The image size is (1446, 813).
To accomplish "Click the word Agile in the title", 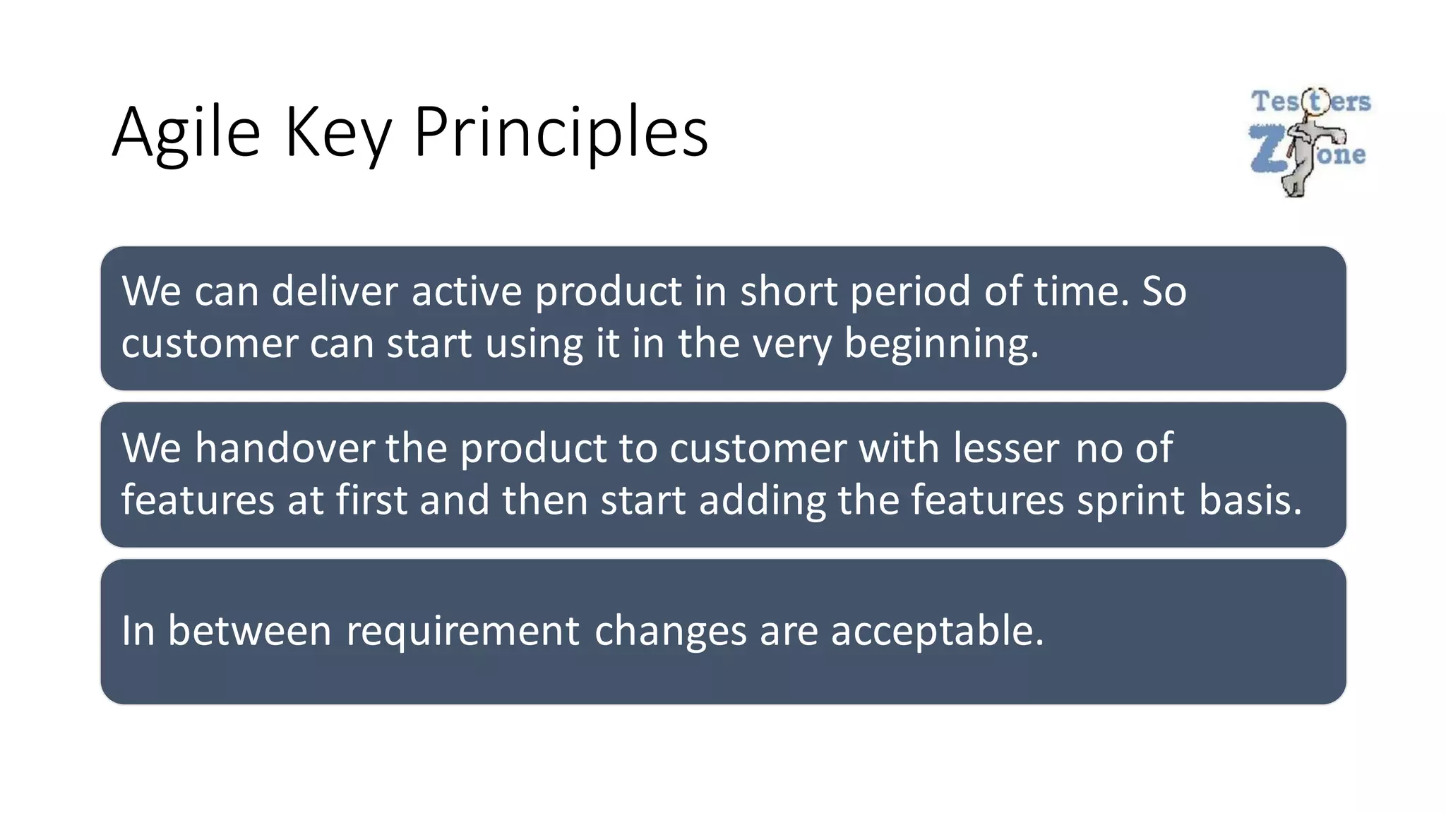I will (x=186, y=133).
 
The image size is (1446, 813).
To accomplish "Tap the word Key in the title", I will (x=337, y=133).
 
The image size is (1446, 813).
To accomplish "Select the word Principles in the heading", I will (x=561, y=133).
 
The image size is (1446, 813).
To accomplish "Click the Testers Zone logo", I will (x=1310, y=141).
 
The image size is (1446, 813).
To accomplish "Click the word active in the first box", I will (x=466, y=291).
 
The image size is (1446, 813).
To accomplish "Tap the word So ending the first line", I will (x=1164, y=291).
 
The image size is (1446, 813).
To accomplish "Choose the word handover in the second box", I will (x=285, y=448).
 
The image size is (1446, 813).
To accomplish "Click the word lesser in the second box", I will (x=1006, y=448).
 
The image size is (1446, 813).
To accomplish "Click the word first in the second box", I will (x=371, y=501).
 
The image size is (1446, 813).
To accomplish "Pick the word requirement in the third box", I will (x=462, y=631).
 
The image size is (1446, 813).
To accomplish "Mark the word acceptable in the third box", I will (x=937, y=631).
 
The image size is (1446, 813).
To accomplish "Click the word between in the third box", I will (x=249, y=631).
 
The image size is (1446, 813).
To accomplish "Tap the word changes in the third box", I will (x=670, y=631).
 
